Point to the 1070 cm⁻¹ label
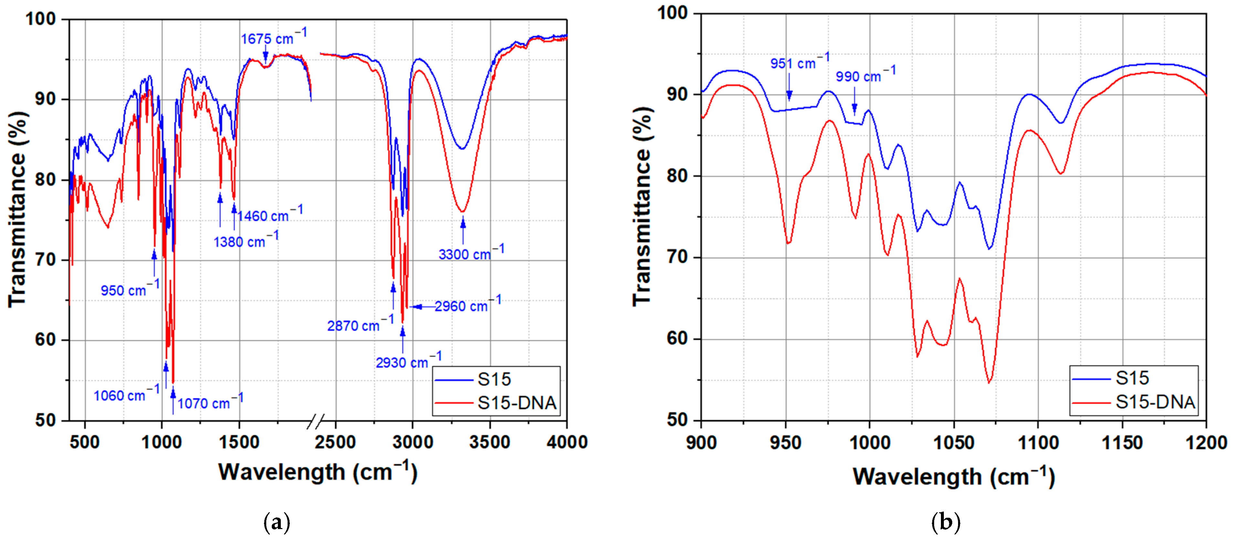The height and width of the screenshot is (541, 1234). click(x=210, y=402)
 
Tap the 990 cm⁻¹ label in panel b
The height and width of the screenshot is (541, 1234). click(x=865, y=75)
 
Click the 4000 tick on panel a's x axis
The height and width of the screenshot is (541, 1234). click(x=567, y=442)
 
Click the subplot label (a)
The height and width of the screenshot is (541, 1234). click(x=277, y=522)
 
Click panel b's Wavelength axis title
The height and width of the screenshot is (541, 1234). click(x=953, y=476)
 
